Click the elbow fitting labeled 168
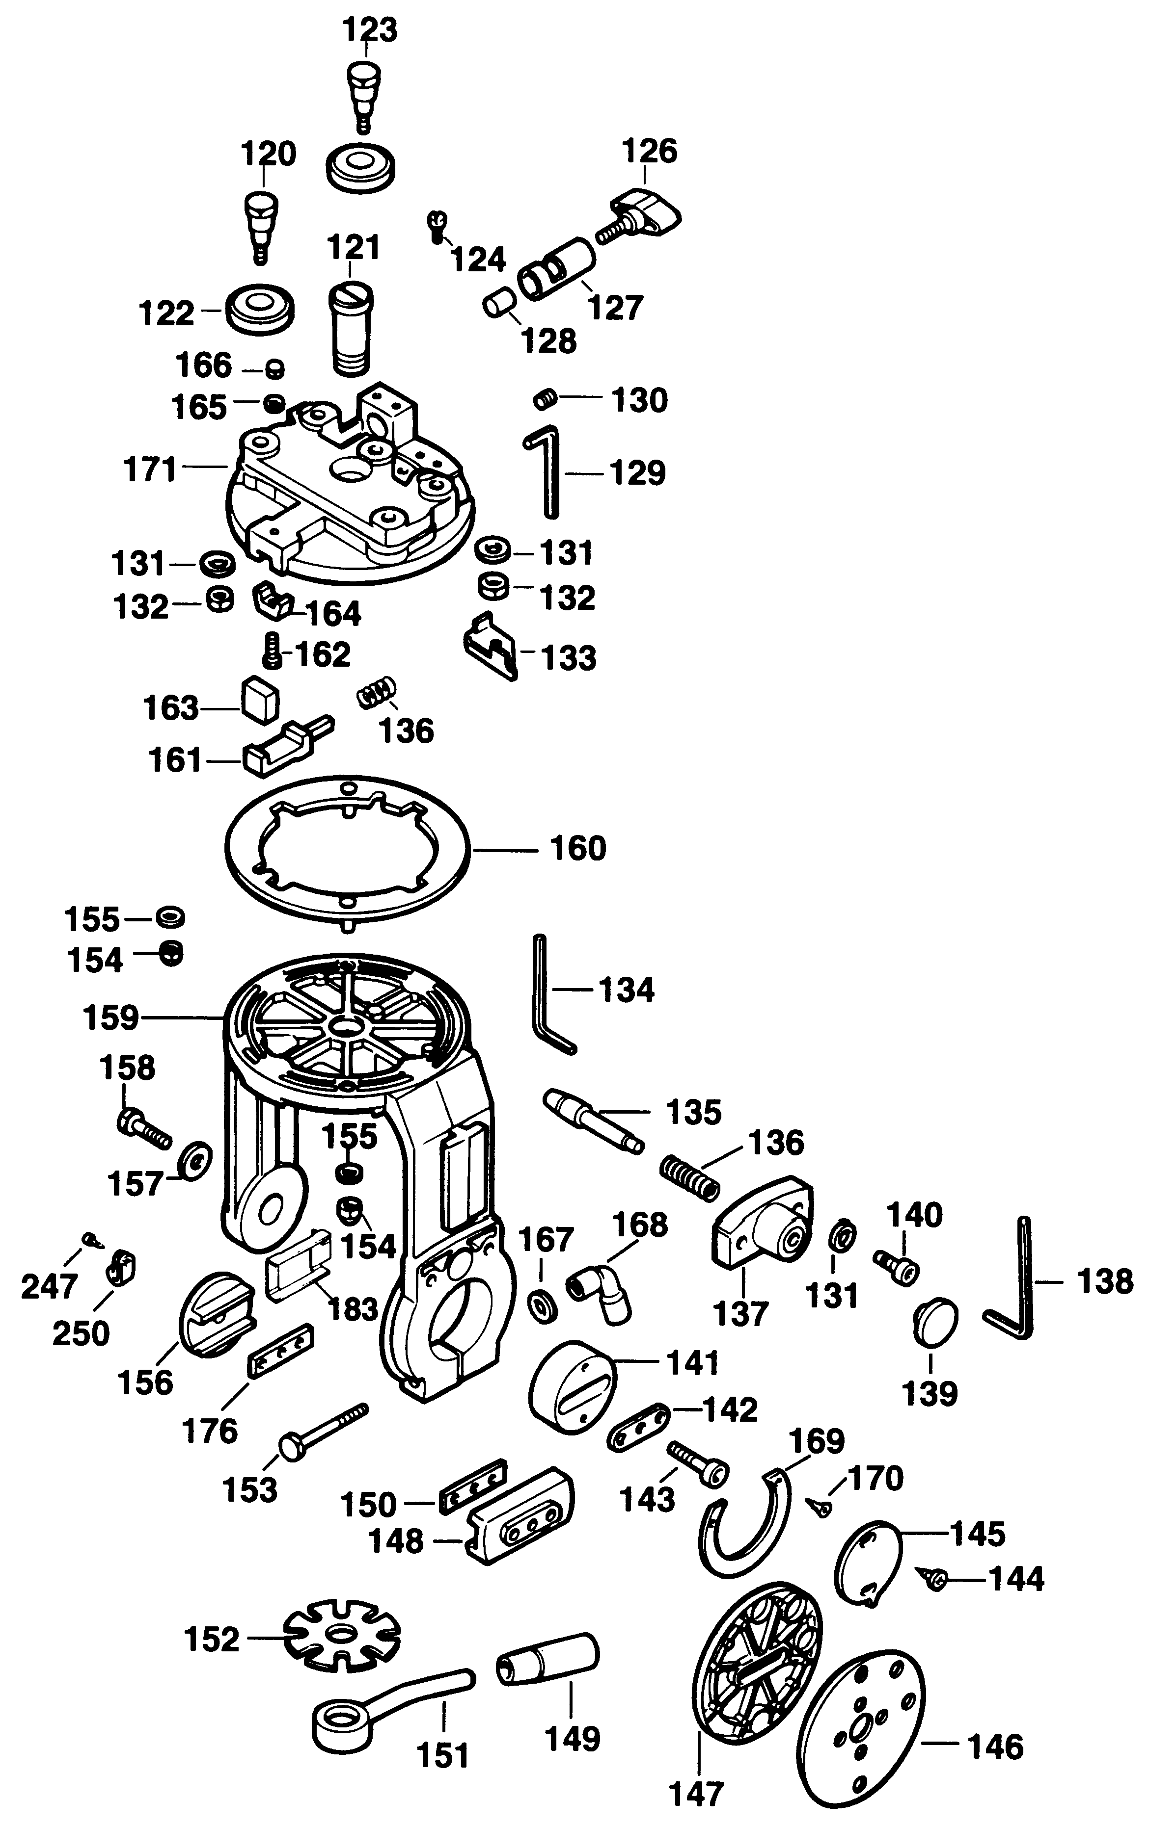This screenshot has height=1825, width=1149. click(x=599, y=1292)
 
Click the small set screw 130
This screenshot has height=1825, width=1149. click(x=545, y=399)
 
